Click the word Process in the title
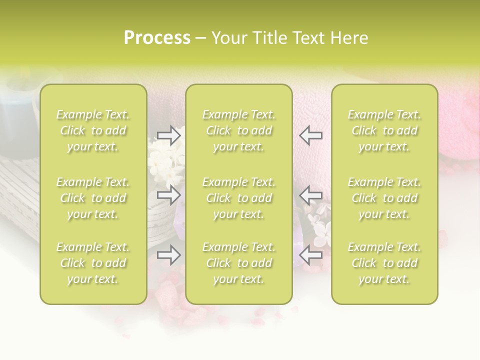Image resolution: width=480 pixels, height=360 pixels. point(157,38)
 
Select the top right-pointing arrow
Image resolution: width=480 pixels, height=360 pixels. point(169,135)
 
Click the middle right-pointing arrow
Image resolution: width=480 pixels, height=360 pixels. point(169,195)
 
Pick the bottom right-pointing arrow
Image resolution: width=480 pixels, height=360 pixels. point(169,255)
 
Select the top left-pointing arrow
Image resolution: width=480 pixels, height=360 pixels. point(310,135)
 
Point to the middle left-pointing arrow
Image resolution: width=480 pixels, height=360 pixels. point(310,195)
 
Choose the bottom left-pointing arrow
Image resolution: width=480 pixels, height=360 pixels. point(310,255)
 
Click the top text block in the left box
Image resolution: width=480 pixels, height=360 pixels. point(93,130)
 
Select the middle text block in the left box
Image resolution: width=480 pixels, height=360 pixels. point(93,198)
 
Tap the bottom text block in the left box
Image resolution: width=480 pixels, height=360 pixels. point(93,263)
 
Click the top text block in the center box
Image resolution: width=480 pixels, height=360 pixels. point(238,130)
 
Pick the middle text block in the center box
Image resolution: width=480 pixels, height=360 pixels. point(238,198)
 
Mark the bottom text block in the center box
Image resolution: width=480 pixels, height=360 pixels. point(238,263)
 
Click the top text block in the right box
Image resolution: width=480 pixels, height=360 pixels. point(384,130)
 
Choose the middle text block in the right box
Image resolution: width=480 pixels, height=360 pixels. point(384,198)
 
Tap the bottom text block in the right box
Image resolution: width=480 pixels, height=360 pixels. point(384,263)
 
